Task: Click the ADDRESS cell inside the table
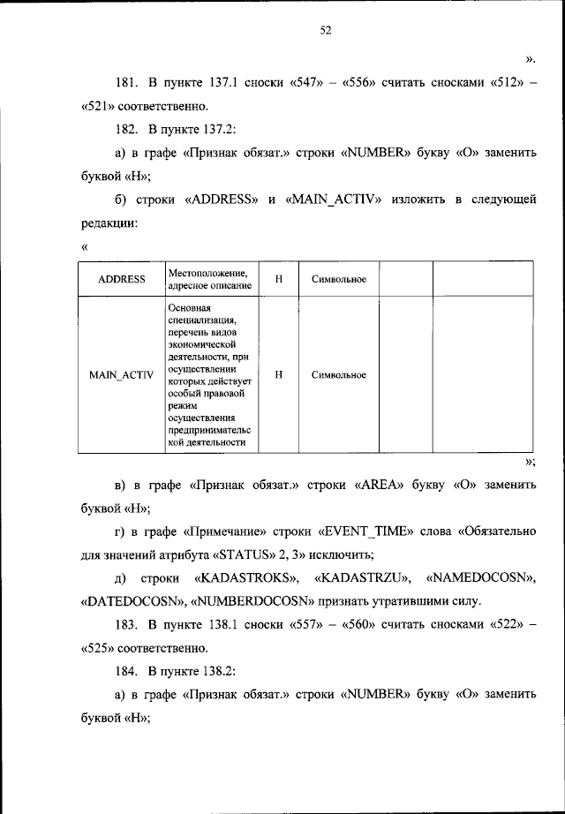[x=122, y=279]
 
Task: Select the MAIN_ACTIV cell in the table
[x=122, y=374]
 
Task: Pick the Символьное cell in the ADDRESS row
[x=339, y=279]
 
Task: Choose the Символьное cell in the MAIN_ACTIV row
[x=339, y=374]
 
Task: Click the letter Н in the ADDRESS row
[x=278, y=279]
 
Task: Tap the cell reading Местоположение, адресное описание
[x=208, y=279]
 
